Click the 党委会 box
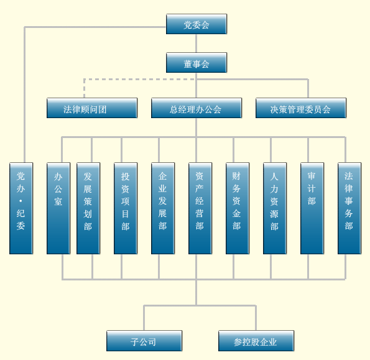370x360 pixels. (197, 24)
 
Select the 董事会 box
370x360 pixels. (197, 63)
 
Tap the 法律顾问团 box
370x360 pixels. (92, 108)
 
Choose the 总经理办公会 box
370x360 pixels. (197, 108)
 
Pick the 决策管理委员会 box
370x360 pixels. (301, 108)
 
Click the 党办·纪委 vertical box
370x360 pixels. (21, 208)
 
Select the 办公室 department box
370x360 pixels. (58, 208)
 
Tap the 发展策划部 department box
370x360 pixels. (88, 208)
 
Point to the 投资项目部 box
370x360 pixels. (126, 208)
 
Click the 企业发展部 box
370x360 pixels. (163, 208)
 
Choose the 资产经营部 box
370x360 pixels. (200, 208)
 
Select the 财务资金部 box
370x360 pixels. (238, 208)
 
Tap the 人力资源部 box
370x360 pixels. (275, 208)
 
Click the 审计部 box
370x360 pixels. (312, 208)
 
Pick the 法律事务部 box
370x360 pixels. (349, 208)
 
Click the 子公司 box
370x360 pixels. (144, 341)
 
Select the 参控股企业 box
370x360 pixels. (256, 341)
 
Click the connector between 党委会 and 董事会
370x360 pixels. (196, 44)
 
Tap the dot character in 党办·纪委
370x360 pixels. (21, 201)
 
